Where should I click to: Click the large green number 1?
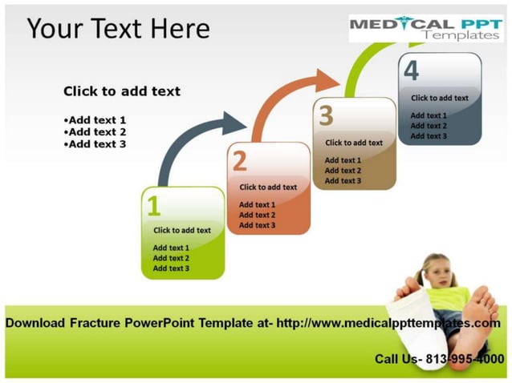[x=153, y=207]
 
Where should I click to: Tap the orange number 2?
[x=239, y=162]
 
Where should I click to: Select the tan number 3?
[x=325, y=116]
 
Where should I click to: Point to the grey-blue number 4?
[x=411, y=71]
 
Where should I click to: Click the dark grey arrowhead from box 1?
[x=234, y=123]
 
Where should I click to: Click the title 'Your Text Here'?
[x=118, y=29]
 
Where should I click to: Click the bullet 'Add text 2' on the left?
[x=95, y=132]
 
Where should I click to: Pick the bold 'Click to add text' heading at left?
[x=122, y=91]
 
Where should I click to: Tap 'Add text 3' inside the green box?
[x=171, y=268]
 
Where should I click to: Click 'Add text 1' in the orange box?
[x=257, y=204]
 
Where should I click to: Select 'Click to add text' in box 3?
[x=354, y=143]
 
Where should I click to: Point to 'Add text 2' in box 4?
[x=429, y=126]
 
